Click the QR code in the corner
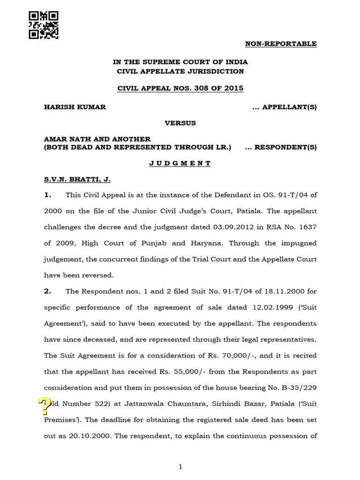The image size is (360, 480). click(x=44, y=25)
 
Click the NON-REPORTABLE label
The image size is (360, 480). click(x=281, y=44)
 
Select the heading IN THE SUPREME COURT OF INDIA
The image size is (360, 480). click(x=180, y=62)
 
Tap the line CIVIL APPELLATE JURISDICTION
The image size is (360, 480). click(x=180, y=71)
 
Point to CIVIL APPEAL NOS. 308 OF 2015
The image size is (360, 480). click(x=180, y=88)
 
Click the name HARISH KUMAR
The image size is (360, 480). click(x=75, y=107)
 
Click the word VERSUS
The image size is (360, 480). click(x=180, y=123)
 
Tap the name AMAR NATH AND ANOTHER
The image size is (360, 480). click(x=97, y=139)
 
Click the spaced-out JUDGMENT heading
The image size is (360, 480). click(x=180, y=163)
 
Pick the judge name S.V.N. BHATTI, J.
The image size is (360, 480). click(x=77, y=179)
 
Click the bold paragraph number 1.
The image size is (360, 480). click(x=47, y=195)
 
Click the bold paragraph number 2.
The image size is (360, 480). click(x=47, y=291)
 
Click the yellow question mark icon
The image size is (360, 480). click(x=44, y=406)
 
